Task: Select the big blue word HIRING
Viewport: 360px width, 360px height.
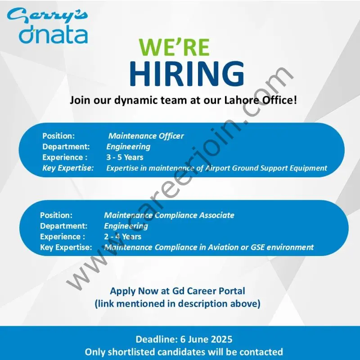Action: click(187, 74)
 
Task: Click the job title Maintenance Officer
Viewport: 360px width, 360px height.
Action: click(146, 136)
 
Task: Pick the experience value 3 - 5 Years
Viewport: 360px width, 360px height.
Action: click(125, 157)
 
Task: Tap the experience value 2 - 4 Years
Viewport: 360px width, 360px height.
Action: click(122, 237)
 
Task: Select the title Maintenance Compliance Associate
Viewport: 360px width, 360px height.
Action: click(169, 215)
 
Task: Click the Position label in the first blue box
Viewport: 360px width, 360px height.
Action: click(58, 136)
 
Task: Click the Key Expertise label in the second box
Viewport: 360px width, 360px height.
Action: click(66, 247)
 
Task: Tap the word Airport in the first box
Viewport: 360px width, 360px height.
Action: click(219, 168)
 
